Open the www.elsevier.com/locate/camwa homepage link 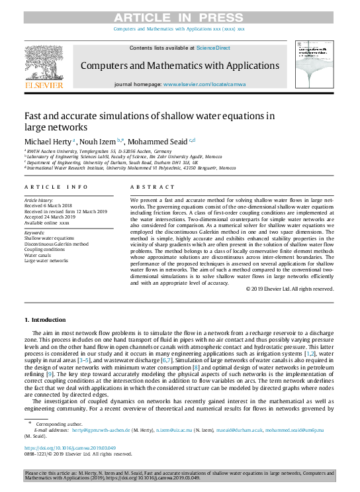[204, 85]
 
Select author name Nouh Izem [99, 142]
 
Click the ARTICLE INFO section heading [56, 187]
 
